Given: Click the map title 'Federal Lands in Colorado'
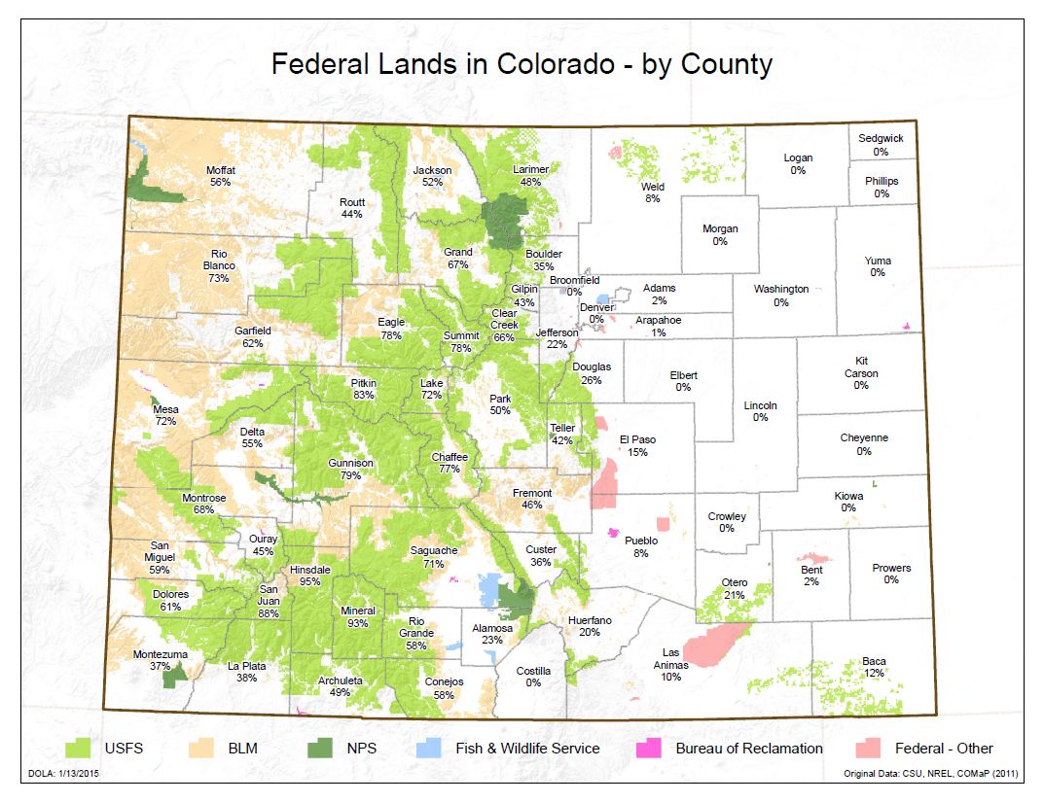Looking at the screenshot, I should [x=522, y=64].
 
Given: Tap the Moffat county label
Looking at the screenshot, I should [x=221, y=171].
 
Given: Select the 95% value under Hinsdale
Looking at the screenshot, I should [x=309, y=581].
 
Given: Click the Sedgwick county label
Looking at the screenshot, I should [x=881, y=139].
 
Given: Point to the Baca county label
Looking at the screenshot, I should [x=874, y=663].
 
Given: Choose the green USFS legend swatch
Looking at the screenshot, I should [x=77, y=749].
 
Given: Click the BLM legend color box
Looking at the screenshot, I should [x=200, y=749].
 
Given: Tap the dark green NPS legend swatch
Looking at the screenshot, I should [x=322, y=749].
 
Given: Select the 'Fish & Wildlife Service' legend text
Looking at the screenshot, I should [x=527, y=749].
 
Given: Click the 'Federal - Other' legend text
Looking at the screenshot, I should [x=944, y=749].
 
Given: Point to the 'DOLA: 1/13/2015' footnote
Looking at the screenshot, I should [x=60, y=774].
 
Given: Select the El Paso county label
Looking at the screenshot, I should [x=638, y=439].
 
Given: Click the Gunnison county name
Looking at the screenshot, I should [x=351, y=464].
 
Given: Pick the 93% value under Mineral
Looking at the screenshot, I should [x=358, y=623].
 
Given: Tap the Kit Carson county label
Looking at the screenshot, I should [x=861, y=367].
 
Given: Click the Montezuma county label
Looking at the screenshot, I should [x=161, y=654].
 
